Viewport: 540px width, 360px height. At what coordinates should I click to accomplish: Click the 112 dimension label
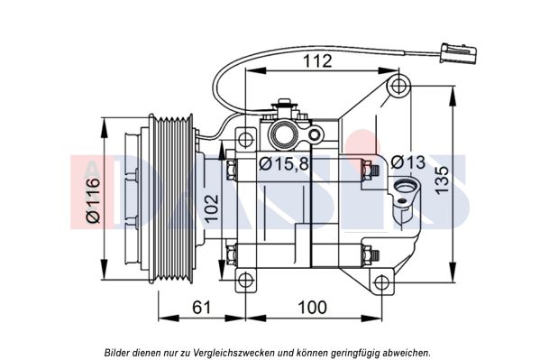point(317,61)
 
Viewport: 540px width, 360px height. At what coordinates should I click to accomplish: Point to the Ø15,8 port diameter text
point(284,164)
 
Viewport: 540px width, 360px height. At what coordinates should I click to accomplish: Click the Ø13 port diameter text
point(408,162)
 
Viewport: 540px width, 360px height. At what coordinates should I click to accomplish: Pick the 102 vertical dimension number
point(212,208)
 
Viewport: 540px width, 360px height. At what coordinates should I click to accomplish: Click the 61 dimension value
point(201,308)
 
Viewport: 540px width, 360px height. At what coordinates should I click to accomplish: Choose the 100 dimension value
point(312,308)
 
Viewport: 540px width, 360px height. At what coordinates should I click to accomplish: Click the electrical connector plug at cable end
point(460,53)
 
